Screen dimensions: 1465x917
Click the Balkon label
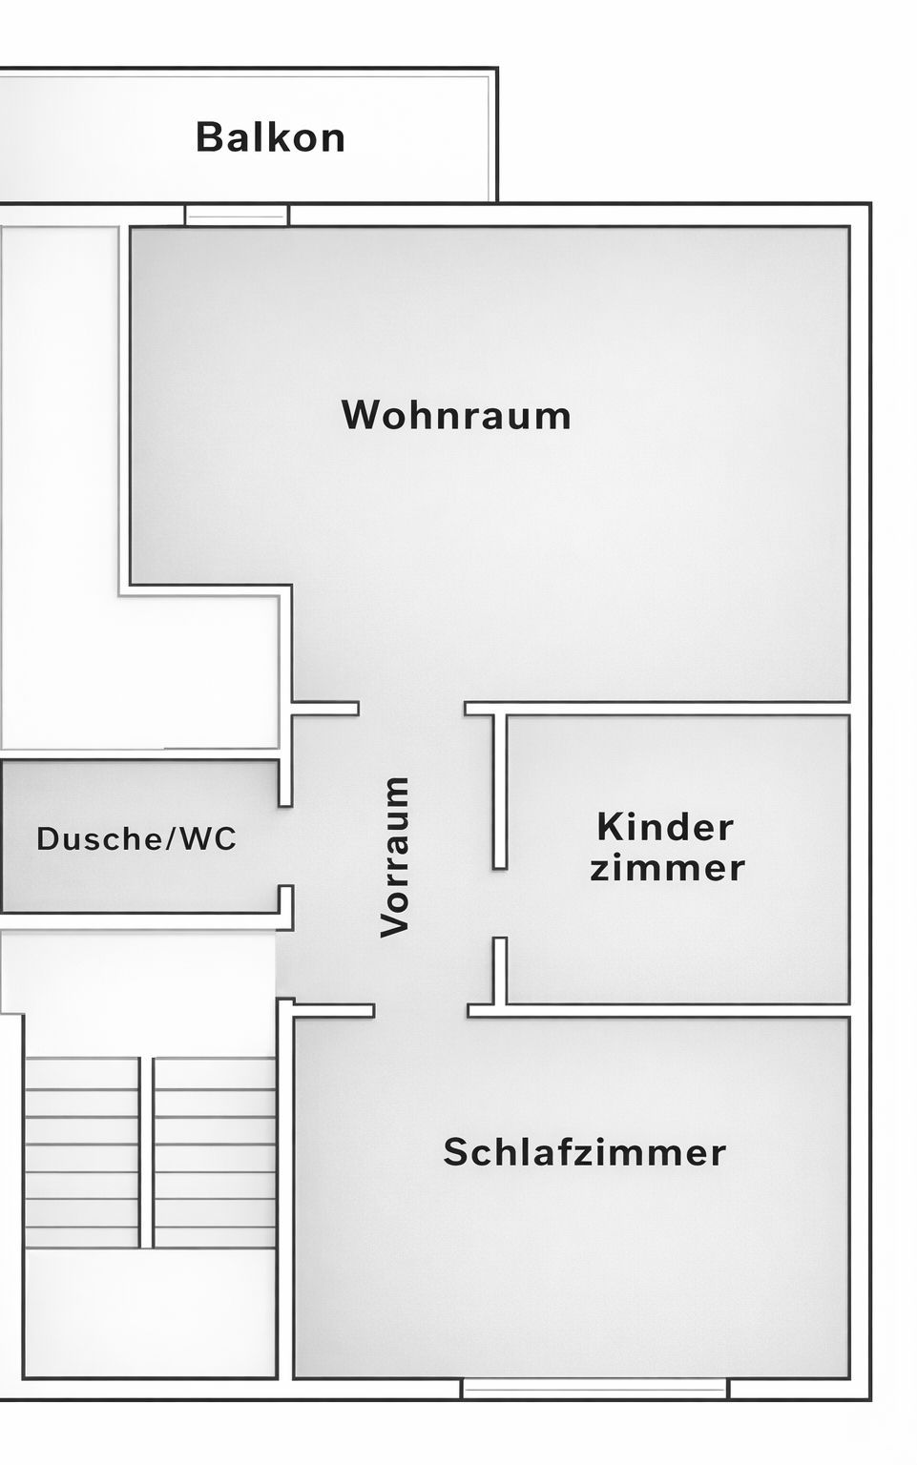[x=270, y=137]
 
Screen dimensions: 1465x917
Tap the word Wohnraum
[x=456, y=416]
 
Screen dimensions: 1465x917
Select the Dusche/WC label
[x=136, y=839]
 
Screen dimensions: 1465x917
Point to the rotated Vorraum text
[x=395, y=856]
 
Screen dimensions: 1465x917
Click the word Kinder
[x=665, y=827]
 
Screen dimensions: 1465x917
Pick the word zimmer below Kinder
[x=667, y=869]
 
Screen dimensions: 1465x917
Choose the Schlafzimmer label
[x=584, y=1152]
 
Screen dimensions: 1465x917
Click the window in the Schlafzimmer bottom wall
[x=594, y=1388]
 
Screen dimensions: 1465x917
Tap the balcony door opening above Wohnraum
[x=236, y=215]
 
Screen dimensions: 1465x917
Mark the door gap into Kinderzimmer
[x=499, y=903]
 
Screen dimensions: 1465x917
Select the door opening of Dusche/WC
[x=285, y=846]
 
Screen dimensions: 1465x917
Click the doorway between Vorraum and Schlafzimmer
[x=421, y=1011]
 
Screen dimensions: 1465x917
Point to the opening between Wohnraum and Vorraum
[x=411, y=709]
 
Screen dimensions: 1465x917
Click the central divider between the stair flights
[x=146, y=1151]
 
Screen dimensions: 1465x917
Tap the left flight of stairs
[x=82, y=1151]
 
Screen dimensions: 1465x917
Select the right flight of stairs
[x=215, y=1151]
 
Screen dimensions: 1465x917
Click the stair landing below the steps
[x=150, y=1311]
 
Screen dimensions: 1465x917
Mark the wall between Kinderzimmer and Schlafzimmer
[x=668, y=1010]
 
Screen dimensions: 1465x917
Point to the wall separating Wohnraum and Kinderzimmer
[x=668, y=709]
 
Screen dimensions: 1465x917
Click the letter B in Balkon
[x=208, y=137]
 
